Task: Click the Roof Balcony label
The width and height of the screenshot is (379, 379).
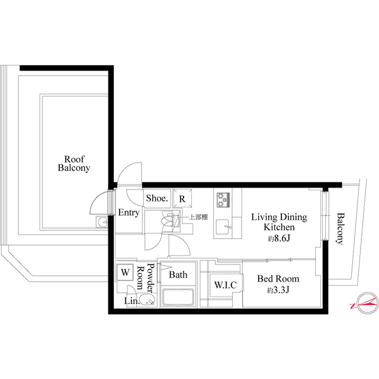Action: coord(74,163)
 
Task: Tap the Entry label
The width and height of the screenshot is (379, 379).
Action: coord(129,213)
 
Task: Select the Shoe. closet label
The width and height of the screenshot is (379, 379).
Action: coord(158,199)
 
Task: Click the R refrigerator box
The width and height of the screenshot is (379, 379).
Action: coord(182,199)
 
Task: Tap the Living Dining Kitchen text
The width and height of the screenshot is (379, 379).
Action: coord(278,222)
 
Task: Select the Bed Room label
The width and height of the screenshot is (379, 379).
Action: coord(278,279)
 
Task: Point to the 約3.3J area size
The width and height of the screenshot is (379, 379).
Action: coord(278,290)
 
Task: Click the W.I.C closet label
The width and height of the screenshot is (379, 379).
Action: coord(225,285)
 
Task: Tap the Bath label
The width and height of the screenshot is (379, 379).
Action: coord(178,275)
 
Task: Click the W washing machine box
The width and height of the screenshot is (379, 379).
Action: coord(125,272)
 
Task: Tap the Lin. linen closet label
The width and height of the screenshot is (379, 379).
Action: coord(131,301)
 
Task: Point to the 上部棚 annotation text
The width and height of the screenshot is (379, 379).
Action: coord(198,217)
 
